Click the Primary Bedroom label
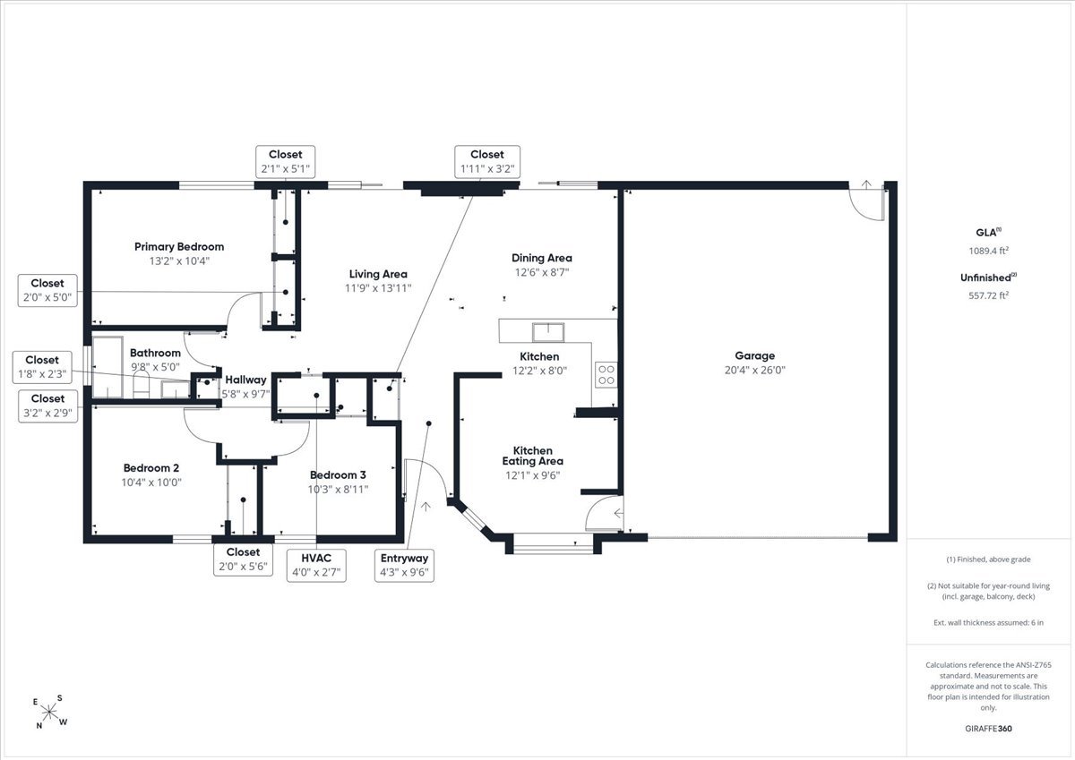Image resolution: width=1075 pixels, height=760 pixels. [179, 246]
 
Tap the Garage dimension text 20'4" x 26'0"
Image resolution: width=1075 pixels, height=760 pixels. [755, 370]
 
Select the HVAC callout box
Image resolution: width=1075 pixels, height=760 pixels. [316, 566]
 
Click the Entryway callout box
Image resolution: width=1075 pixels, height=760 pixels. [404, 566]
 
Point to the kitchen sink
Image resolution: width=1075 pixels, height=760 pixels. [548, 332]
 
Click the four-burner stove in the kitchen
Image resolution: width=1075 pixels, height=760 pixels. [606, 374]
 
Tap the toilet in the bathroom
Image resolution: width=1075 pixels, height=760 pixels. [142, 385]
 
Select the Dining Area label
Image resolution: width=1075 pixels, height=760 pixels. [542, 258]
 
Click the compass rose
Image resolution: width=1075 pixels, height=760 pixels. [49, 712]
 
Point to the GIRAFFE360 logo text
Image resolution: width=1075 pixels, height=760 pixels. [988, 729]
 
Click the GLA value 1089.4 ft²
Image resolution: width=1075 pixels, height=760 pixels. [989, 251]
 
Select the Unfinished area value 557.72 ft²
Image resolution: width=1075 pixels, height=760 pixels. [989, 295]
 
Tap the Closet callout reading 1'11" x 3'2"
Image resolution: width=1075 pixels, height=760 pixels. [487, 162]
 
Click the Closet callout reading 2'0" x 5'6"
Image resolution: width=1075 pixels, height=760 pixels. [243, 559]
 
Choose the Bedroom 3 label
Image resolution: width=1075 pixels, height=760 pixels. [338, 474]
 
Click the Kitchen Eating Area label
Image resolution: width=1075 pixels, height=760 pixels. [533, 456]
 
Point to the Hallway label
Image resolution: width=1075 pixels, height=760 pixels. [245, 380]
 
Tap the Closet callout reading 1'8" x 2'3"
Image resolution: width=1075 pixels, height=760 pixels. [42, 367]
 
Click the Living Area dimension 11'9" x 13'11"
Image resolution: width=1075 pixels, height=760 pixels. [378, 288]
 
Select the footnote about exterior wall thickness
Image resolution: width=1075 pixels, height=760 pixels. [989, 622]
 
